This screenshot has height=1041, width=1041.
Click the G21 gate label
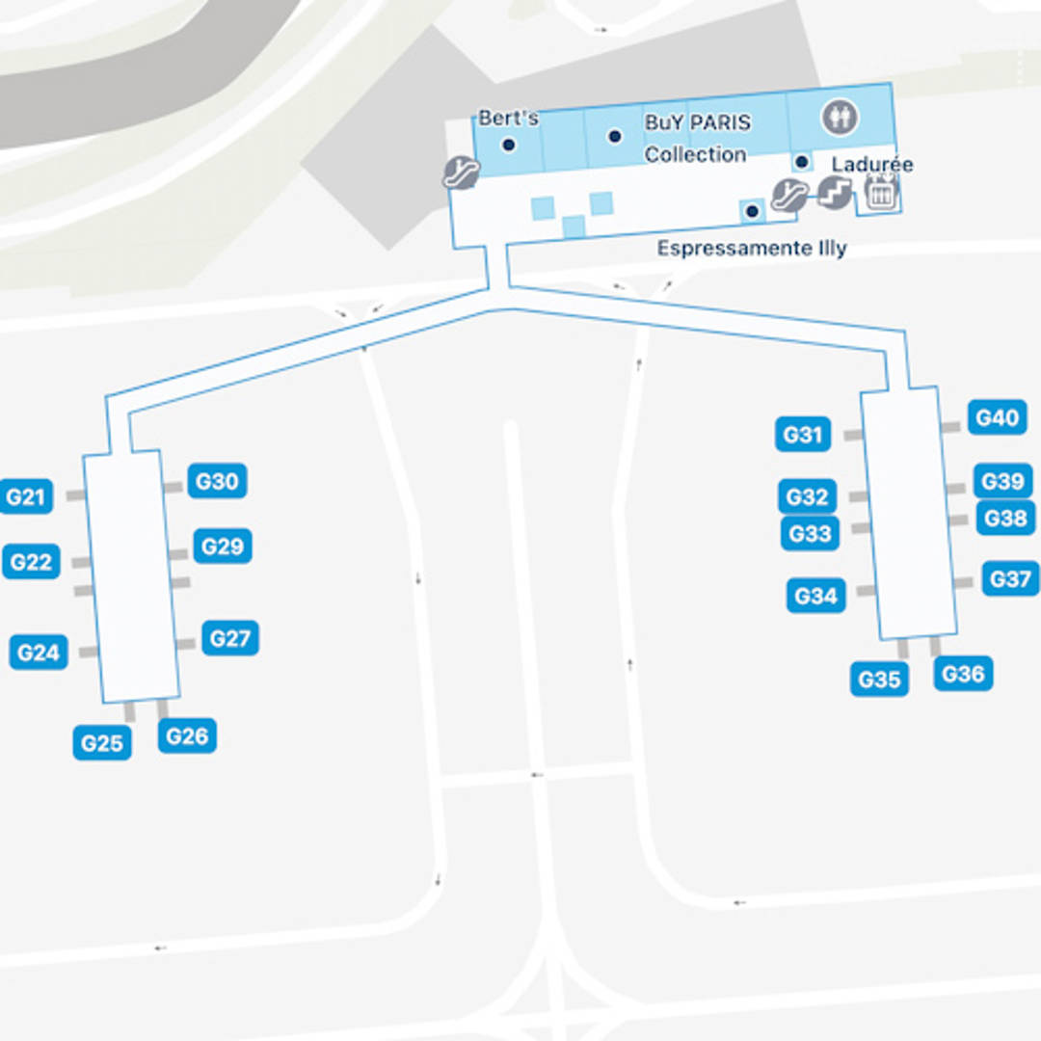pyautogui.click(x=26, y=497)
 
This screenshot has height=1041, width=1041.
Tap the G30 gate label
pyautogui.click(x=217, y=481)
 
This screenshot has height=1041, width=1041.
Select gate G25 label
pyautogui.click(x=102, y=743)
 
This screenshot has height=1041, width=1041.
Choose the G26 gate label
pyautogui.click(x=187, y=736)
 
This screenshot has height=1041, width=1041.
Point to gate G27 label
pyautogui.click(x=230, y=638)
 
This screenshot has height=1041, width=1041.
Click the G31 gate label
pyautogui.click(x=802, y=435)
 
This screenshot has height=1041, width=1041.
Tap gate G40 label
pyautogui.click(x=997, y=418)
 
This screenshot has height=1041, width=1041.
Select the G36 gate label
pyautogui.click(x=963, y=674)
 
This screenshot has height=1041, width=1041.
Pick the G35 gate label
pyautogui.click(x=879, y=680)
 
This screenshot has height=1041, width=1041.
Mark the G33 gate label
pyautogui.click(x=810, y=533)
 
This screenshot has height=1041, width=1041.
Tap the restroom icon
pyautogui.click(x=839, y=118)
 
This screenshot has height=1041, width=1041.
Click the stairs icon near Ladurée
pyautogui.click(x=834, y=194)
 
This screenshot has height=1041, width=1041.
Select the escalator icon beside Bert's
pyautogui.click(x=461, y=173)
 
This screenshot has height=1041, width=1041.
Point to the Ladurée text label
pyautogui.click(x=871, y=165)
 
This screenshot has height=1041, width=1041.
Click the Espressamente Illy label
pyautogui.click(x=752, y=249)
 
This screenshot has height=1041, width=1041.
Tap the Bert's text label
pyautogui.click(x=508, y=119)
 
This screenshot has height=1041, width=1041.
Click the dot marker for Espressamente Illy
pyautogui.click(x=752, y=211)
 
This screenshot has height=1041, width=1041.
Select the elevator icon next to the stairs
pyautogui.click(x=880, y=194)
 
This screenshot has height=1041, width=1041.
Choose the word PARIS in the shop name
pyautogui.click(x=719, y=123)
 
